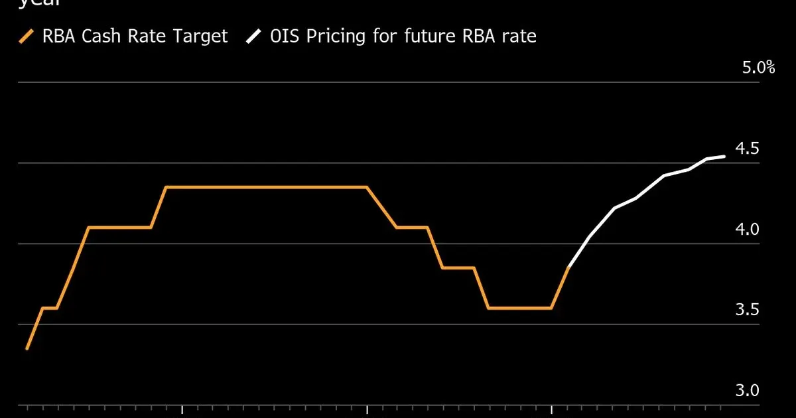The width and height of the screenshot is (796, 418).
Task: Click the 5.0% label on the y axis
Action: click(758, 68)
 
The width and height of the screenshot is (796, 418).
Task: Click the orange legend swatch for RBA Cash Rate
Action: click(27, 36)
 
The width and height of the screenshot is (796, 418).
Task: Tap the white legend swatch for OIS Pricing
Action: click(253, 36)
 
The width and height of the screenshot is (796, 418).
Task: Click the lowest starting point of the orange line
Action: click(27, 348)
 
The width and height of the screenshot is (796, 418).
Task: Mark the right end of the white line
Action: click(724, 156)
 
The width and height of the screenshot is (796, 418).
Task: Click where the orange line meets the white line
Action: click(569, 267)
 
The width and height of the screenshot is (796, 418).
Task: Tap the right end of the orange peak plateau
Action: click(367, 187)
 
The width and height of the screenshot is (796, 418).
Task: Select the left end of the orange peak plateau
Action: click(166, 187)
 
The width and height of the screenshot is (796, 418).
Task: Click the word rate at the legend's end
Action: click(519, 36)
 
